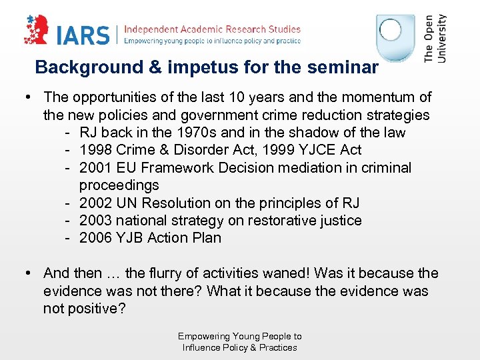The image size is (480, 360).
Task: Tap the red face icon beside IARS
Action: [37, 30]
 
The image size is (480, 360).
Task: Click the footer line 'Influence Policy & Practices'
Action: [240, 347]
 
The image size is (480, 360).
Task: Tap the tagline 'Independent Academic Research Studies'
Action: [213, 29]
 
